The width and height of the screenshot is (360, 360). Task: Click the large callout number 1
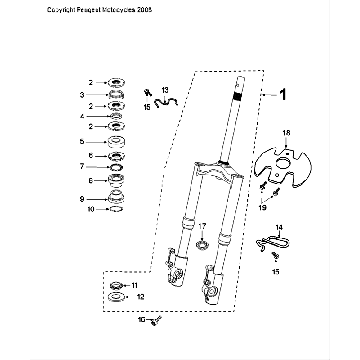(x=282, y=96)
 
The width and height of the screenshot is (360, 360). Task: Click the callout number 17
(x=200, y=227)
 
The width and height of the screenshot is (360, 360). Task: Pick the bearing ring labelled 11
(x=115, y=288)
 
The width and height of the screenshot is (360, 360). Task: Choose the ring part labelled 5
(x=116, y=142)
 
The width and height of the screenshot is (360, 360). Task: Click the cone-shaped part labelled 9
(x=116, y=198)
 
